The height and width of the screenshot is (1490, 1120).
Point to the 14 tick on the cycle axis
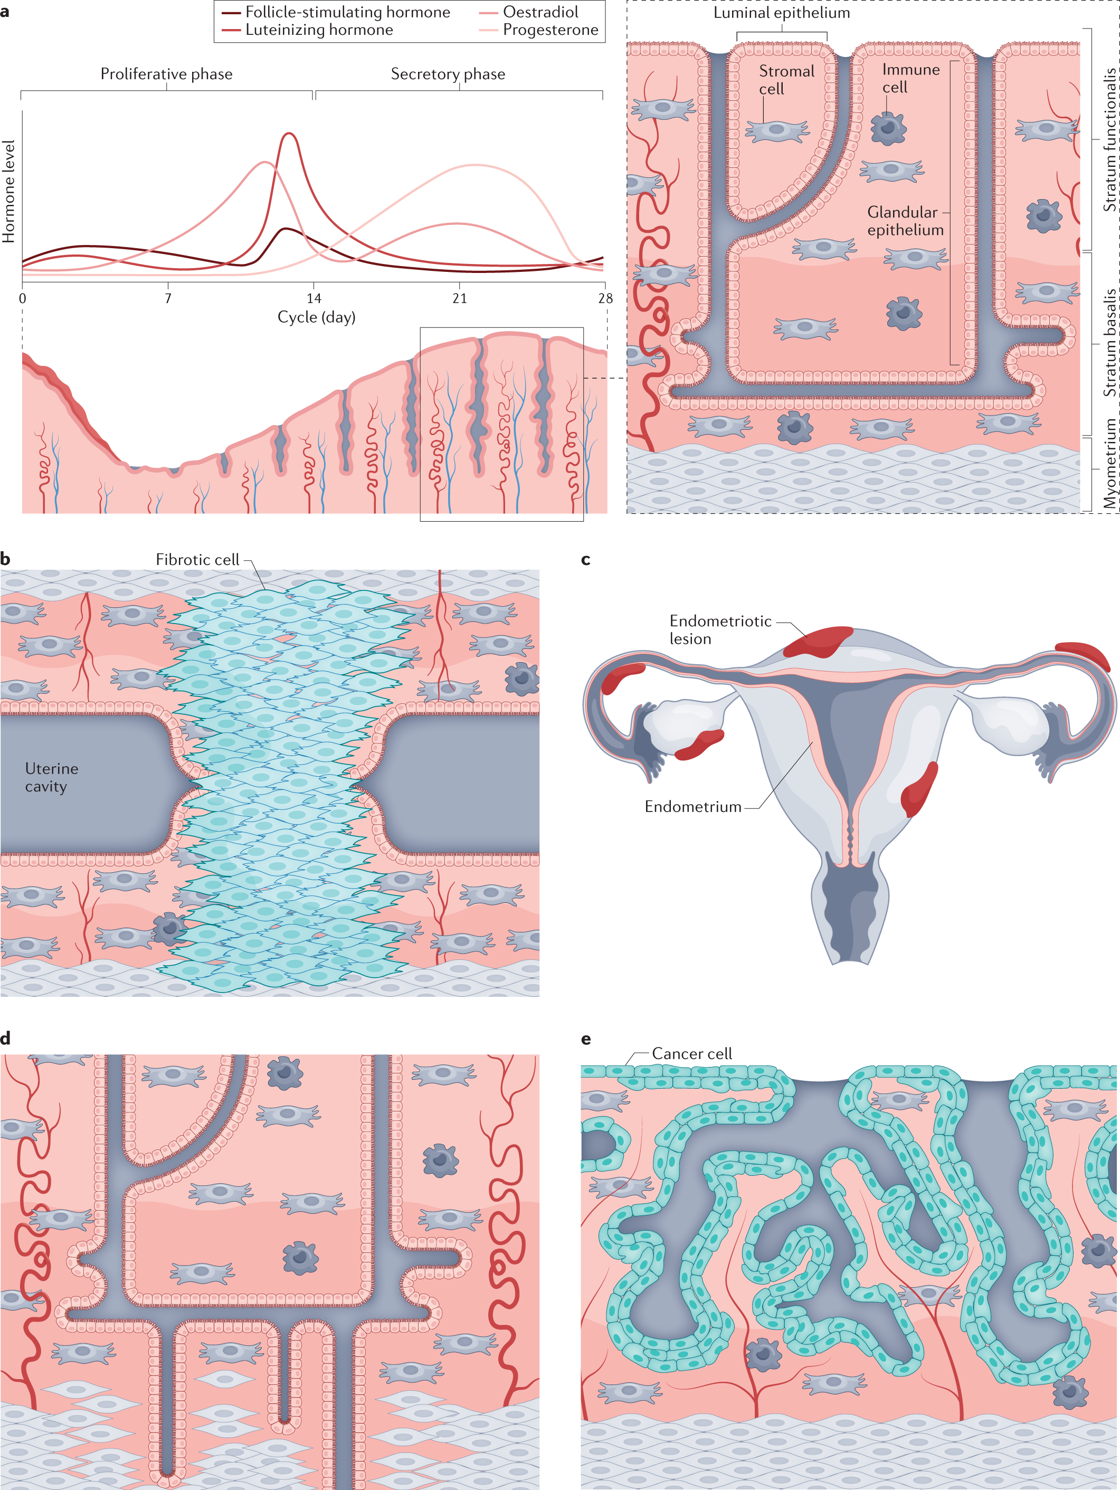click(x=314, y=298)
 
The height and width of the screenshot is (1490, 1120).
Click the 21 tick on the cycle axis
click(x=459, y=298)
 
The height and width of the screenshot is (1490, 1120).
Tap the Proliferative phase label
click(x=166, y=73)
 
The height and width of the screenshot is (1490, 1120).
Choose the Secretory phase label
click(x=448, y=73)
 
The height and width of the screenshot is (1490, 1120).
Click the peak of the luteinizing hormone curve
click(x=289, y=134)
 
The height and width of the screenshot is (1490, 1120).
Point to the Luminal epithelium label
click(x=781, y=13)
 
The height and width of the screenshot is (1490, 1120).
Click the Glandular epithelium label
click(x=905, y=221)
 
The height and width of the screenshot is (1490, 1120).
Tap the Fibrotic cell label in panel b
click(x=197, y=560)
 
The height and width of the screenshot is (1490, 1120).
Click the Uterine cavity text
click(x=51, y=777)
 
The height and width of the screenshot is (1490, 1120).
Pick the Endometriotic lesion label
click(x=719, y=629)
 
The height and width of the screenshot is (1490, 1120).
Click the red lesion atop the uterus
click(x=818, y=642)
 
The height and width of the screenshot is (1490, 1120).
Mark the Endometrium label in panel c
click(x=692, y=806)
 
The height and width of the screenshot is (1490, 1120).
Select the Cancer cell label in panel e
click(x=691, y=1053)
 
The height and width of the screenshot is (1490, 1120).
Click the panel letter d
click(x=5, y=1038)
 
